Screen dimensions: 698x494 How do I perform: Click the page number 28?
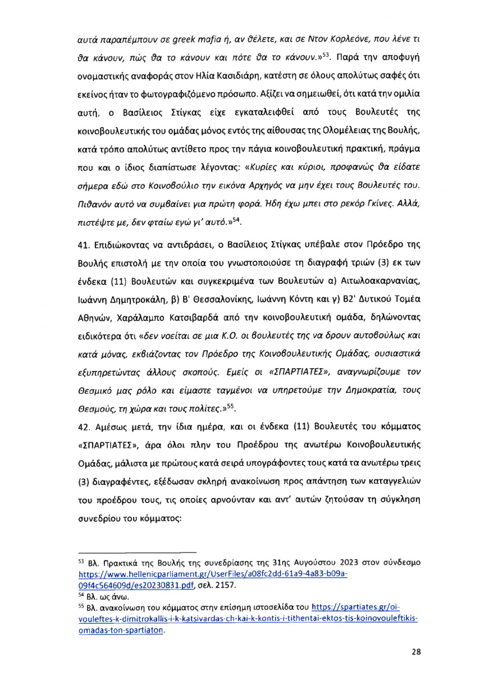(x=416, y=667)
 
